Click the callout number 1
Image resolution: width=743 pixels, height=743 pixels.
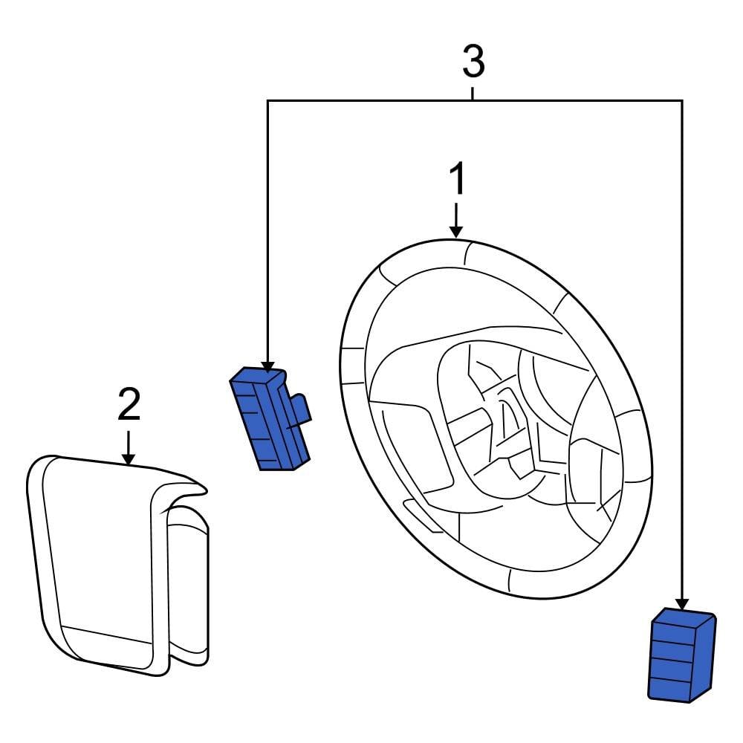[x=458, y=181]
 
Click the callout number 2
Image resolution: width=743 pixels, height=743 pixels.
[x=129, y=405]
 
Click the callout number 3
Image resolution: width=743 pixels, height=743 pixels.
[x=473, y=62]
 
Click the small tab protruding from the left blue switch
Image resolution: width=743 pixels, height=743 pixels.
[x=301, y=409]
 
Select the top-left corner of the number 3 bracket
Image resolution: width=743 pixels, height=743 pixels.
[x=267, y=100]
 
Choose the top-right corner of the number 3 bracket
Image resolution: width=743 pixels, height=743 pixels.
[x=681, y=100]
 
